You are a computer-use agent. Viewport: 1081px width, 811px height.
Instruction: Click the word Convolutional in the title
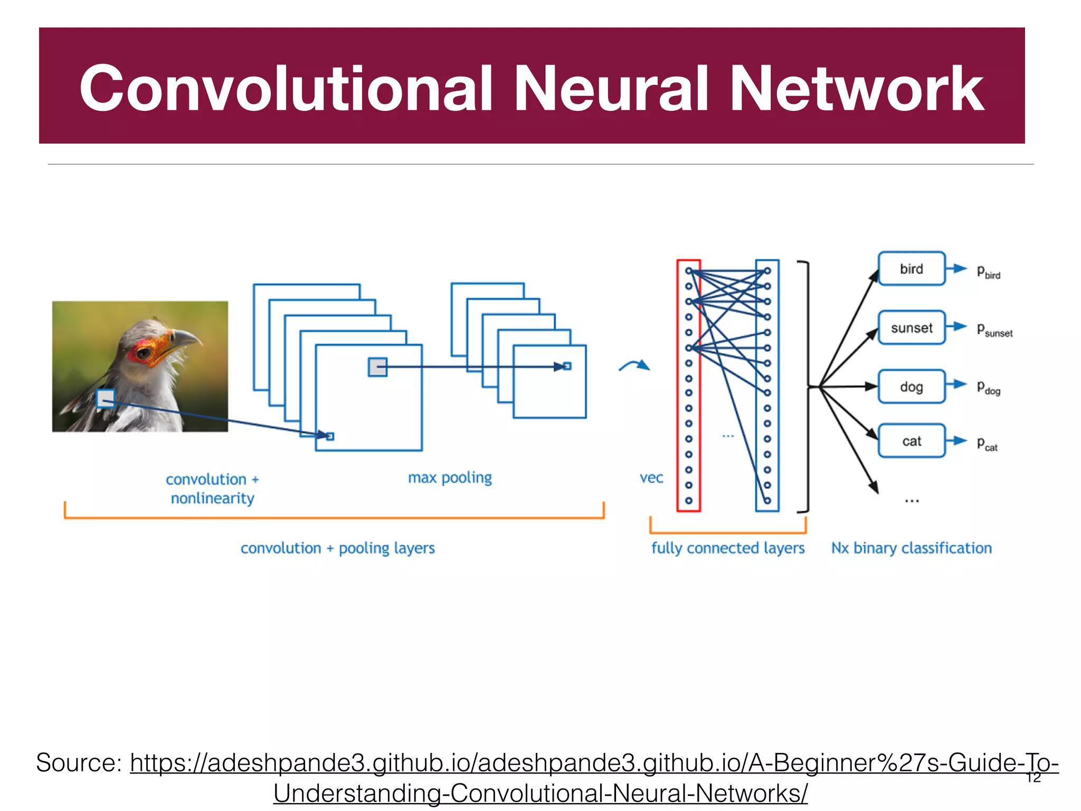coord(286,88)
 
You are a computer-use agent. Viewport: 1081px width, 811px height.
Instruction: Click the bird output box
coord(912,269)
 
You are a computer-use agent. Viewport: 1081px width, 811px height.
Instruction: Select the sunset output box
coord(912,328)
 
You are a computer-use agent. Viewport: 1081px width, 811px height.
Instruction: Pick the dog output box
coord(912,386)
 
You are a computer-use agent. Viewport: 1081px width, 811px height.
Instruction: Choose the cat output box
coord(912,441)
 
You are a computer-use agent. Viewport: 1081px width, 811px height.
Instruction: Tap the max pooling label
coord(450,478)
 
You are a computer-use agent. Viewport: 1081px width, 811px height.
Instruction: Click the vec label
coord(651,478)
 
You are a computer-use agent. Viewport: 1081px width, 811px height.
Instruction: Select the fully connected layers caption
coord(727,548)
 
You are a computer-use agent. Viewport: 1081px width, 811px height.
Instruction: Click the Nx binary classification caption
coord(912,548)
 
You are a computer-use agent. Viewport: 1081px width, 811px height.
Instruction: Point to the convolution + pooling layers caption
coord(338,548)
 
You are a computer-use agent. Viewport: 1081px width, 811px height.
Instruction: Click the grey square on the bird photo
coord(106,399)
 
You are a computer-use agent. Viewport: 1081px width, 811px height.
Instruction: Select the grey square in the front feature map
coord(377,367)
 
